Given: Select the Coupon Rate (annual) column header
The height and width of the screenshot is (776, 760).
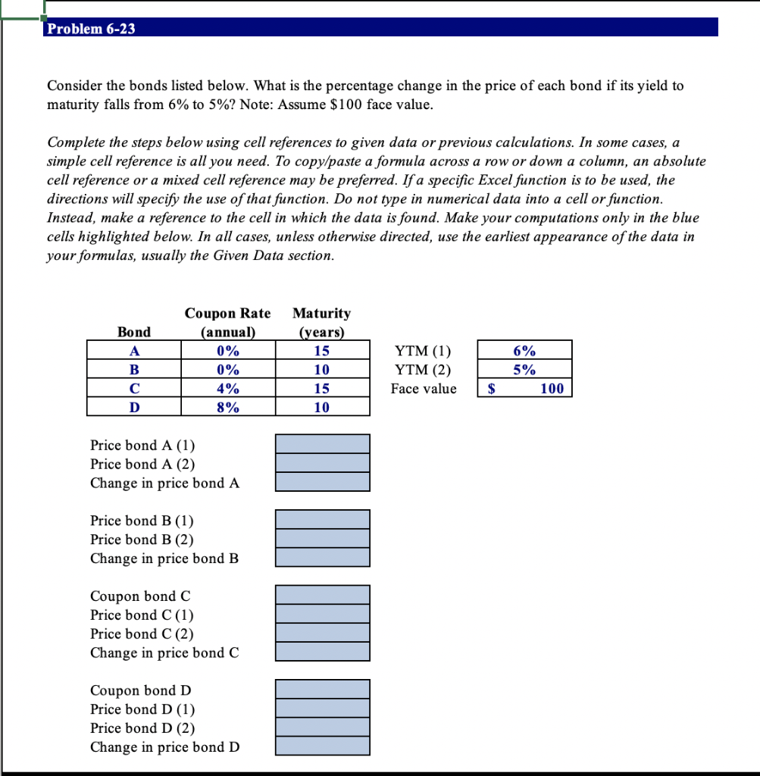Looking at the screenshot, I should coord(227,322).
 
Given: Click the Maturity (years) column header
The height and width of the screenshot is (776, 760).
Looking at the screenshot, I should coord(321,322).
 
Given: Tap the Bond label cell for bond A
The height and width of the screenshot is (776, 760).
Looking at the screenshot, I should coord(134,351).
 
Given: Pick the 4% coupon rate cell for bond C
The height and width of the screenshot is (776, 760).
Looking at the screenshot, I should coord(228,389).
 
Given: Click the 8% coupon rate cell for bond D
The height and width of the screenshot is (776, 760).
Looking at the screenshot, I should coord(228,408).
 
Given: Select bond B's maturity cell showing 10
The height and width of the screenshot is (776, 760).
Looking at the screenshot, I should coord(322,370).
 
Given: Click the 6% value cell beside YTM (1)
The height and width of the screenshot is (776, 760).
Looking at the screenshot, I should coord(524,351).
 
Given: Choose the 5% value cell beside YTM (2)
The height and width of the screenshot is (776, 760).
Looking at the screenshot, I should coord(524,370).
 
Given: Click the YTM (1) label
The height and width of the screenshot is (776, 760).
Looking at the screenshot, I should coord(423,351).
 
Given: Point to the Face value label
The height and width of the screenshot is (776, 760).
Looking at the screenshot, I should coord(424,389).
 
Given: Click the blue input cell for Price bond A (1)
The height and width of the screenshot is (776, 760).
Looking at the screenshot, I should coord(322,444).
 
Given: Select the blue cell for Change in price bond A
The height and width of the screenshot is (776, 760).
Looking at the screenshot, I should coord(322,482).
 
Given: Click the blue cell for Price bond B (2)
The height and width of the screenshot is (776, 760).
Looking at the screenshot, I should coord(322,539).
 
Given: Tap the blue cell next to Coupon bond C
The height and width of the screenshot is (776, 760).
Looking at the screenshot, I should coord(322,595).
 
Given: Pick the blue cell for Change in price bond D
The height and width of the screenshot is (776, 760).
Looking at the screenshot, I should coord(322,746).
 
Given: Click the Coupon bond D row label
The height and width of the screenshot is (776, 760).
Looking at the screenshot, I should coord(141,690).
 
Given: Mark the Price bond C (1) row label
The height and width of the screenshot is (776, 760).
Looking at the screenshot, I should coord(142,615).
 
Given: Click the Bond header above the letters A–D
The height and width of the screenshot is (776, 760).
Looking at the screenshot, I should coord(134,332).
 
